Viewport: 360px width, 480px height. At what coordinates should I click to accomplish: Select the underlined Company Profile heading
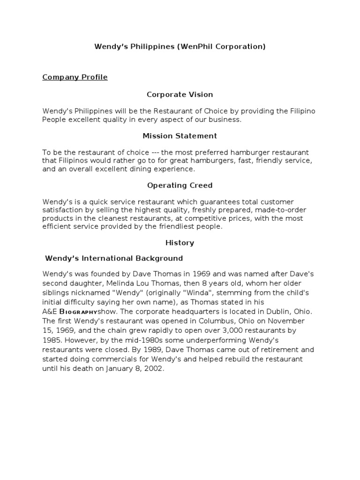75,77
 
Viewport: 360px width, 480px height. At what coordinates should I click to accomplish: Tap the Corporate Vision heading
180,95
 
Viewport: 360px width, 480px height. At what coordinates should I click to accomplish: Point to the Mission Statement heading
180,136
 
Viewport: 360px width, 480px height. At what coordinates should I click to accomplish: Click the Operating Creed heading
180,185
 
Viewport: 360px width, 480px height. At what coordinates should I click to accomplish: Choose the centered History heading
180,243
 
